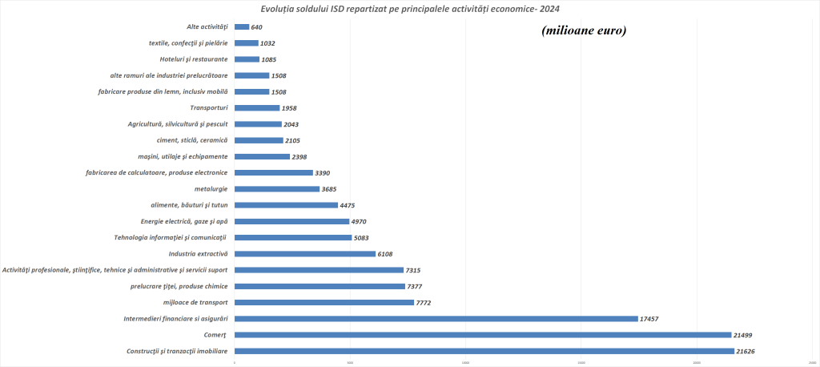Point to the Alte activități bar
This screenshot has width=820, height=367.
(x=242, y=26)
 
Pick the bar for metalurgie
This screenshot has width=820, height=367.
(x=277, y=189)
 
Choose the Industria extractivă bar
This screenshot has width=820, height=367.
(x=305, y=254)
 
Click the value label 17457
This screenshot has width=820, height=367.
(x=653, y=319)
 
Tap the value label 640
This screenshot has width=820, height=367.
(x=257, y=27)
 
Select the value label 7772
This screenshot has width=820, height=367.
(x=427, y=303)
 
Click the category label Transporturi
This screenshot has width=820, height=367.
(x=209, y=108)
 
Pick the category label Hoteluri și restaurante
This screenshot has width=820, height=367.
(x=194, y=59)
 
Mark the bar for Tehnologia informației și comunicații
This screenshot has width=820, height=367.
(x=293, y=238)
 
